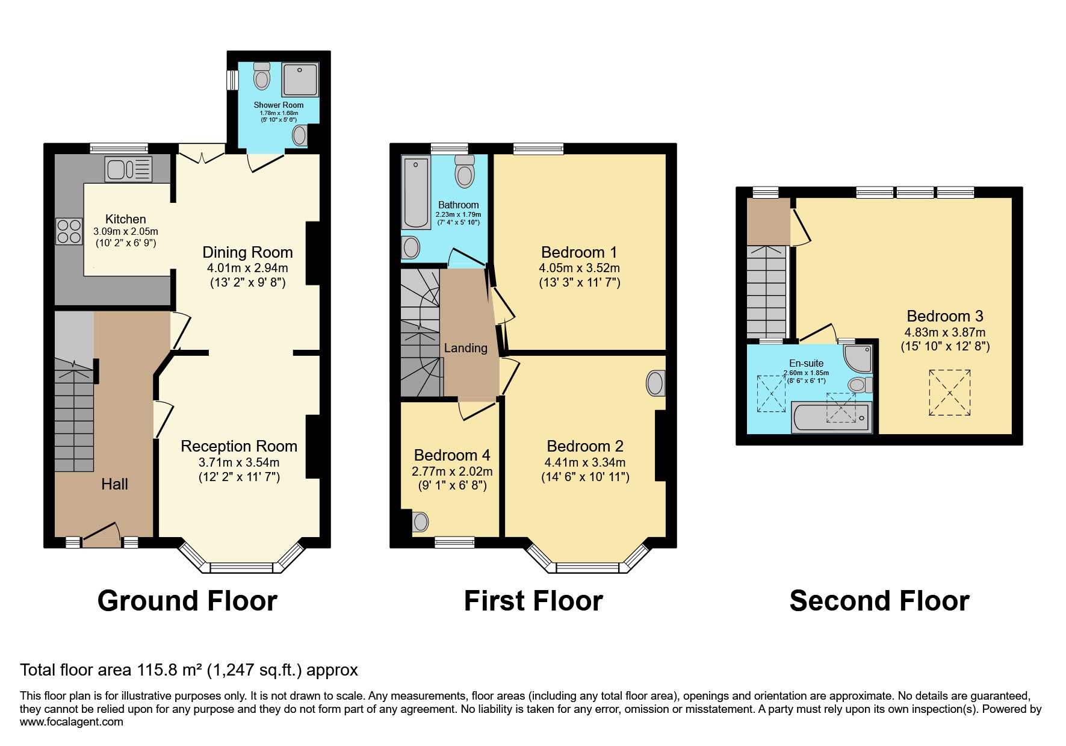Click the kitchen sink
pos(128,169)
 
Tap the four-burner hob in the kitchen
pos(69,231)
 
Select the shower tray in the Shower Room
pos(300,79)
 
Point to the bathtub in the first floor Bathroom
pos(415,193)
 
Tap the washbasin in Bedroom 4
pos(420,521)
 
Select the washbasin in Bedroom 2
pos(655,384)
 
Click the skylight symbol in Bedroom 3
pos(950,392)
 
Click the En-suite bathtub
pos(831,417)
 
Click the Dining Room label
pos(247,252)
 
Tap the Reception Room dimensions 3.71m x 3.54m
pos(239,462)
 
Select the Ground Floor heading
pos(187,601)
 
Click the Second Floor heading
pos(879,601)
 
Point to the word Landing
pos(465,348)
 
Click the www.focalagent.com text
pos(72,722)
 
